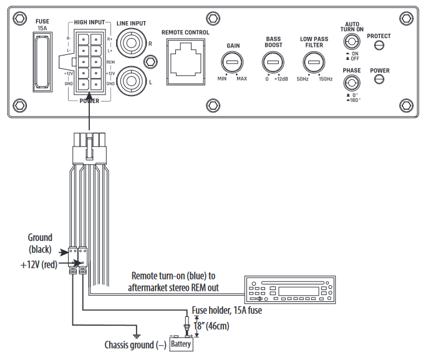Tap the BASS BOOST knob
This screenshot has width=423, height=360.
click(271, 62)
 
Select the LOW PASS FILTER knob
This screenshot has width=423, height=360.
click(313, 62)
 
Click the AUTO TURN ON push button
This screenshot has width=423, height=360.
click(352, 42)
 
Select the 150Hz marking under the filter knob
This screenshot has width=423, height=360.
click(325, 79)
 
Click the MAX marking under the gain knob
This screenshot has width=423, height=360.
click(241, 79)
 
